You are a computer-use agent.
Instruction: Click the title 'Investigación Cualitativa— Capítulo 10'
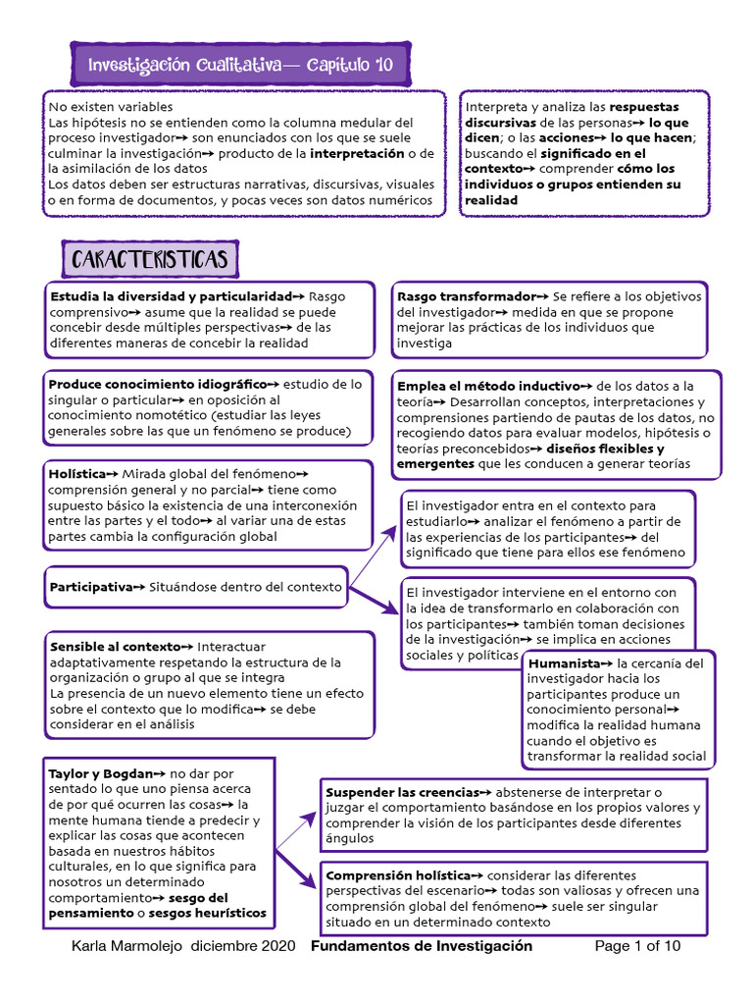coord(240,66)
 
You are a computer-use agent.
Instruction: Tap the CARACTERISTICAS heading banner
coord(150,260)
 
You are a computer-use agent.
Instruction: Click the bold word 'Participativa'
coord(90,587)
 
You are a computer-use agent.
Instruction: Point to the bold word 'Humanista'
coord(564,663)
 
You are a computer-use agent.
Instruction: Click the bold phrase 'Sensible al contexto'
coord(116,647)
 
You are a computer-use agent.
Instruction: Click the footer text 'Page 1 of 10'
coord(637,947)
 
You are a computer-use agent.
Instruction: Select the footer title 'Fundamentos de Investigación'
coord(422,947)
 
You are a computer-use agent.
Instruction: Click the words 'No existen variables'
coord(111,107)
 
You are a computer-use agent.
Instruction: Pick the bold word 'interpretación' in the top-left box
coord(357,154)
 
